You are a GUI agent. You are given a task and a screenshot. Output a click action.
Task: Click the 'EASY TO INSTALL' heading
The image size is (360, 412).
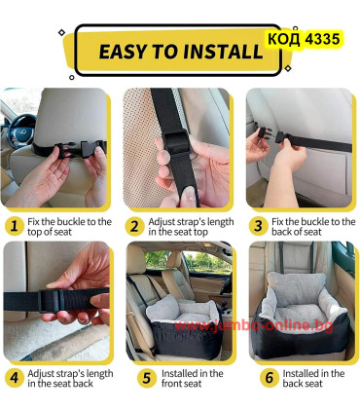tap(181, 52)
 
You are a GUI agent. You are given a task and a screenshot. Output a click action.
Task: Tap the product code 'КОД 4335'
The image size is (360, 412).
tap(304, 39)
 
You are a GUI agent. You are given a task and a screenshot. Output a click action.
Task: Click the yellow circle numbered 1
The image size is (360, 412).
tap(14, 226)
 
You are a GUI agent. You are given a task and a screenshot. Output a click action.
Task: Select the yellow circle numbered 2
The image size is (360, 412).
tap(134, 226)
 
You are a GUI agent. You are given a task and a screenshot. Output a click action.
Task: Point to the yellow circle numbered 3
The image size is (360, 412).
tap(258, 226)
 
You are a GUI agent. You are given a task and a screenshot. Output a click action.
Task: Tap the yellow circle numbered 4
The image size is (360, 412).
tap(14, 378)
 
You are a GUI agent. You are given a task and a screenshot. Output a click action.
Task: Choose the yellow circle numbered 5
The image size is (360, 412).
tap(147, 378)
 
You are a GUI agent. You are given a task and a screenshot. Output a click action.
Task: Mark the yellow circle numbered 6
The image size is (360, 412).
tap(270, 378)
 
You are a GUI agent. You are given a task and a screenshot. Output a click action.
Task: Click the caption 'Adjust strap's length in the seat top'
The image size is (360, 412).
tap(191, 227)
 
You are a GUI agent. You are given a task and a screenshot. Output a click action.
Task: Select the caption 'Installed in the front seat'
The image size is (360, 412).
tap(193, 378)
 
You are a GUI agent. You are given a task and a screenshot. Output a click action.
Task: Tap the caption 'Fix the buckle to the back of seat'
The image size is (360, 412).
tap(313, 227)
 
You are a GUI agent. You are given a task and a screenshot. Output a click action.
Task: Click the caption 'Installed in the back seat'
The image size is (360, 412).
tap(313, 378)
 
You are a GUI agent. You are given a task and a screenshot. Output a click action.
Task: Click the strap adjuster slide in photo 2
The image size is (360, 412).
tap(176, 142)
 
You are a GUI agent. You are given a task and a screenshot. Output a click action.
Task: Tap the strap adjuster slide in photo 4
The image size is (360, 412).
tap(51, 301)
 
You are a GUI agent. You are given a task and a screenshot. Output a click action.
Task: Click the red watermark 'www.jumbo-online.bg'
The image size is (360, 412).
tap(253, 325)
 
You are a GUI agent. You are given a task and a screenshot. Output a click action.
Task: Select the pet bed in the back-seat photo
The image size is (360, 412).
tap(301, 318)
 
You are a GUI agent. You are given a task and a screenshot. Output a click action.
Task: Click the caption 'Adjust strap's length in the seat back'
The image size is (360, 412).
tap(70, 378)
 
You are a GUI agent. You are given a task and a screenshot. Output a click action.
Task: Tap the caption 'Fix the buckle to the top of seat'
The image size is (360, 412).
tap(69, 227)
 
